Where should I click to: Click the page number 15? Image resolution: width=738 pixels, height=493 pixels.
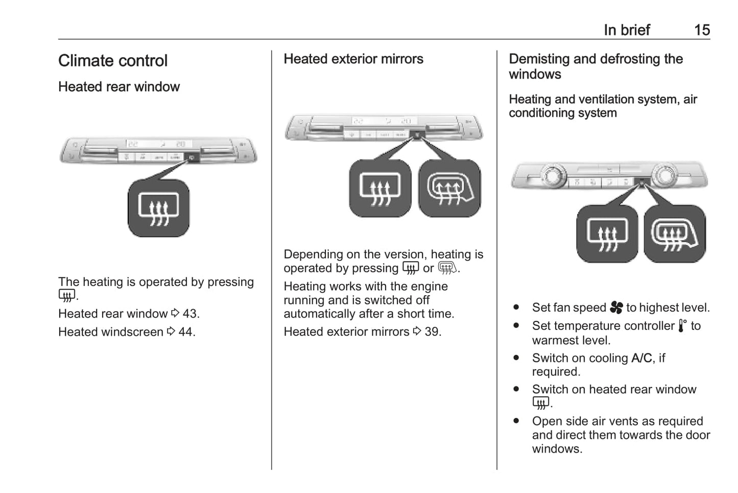coord(702,30)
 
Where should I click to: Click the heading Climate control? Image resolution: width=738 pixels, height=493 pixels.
coord(113,61)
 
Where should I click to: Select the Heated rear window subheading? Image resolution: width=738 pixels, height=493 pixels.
coord(119,87)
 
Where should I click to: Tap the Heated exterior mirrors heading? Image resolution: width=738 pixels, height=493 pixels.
coord(353,59)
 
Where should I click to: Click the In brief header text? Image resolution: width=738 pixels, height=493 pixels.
coord(627,30)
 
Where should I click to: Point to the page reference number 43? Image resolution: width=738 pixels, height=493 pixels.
coord(190,314)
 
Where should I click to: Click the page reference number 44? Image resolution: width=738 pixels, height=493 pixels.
coord(186,332)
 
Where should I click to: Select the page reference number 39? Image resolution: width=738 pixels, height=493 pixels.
coord(432,332)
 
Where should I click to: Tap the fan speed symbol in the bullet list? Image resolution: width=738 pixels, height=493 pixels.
coord(616,308)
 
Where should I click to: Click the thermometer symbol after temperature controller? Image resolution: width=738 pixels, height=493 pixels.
coord(682,326)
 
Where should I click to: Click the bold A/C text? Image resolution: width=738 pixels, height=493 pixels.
coord(641,358)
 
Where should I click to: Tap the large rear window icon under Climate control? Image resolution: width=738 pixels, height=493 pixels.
coord(158,208)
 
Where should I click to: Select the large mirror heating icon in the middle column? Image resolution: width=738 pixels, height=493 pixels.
coord(449,189)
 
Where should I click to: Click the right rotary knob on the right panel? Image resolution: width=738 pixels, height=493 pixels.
coord(665,175)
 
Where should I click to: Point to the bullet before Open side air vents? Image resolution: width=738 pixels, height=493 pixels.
coord(516,421)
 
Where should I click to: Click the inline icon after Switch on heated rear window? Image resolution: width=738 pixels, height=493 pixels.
coord(541,403)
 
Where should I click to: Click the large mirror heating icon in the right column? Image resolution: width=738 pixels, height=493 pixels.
coord(675,234)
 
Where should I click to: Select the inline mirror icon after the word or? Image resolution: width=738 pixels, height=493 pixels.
coord(447,268)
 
